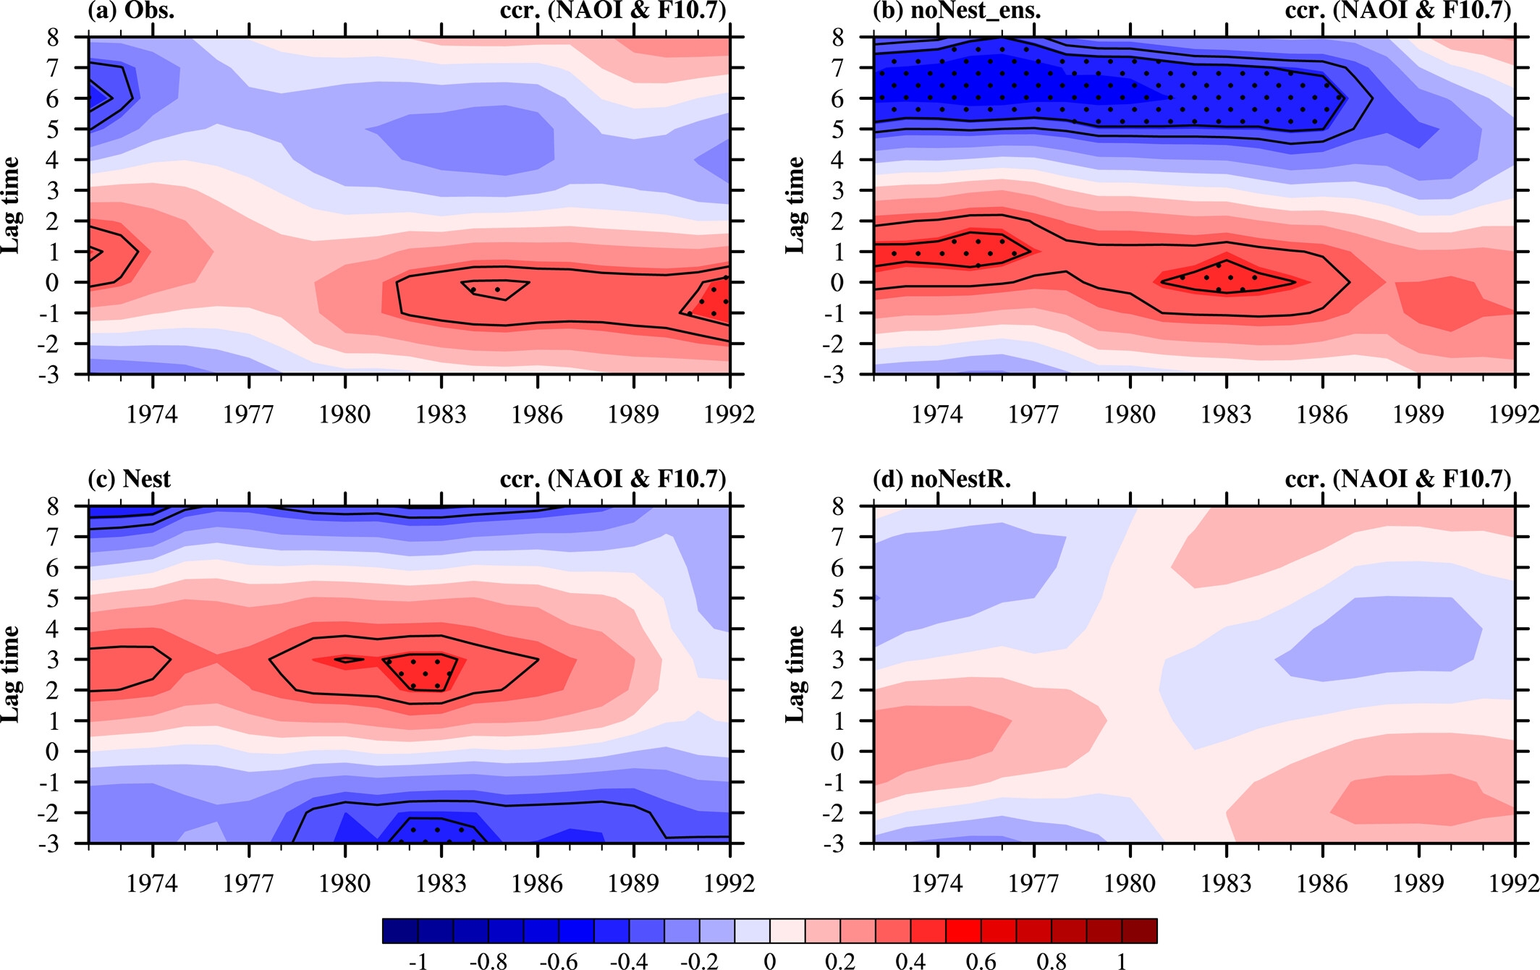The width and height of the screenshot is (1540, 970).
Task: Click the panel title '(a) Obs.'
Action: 130,11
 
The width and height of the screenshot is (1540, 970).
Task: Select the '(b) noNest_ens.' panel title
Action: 957,11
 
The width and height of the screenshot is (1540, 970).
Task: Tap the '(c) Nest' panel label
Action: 129,479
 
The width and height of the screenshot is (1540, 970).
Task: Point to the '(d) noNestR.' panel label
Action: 942,479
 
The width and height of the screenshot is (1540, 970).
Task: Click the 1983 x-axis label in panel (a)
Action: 441,414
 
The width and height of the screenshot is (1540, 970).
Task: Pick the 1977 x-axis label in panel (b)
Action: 1033,414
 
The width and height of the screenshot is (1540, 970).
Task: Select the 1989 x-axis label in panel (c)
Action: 633,883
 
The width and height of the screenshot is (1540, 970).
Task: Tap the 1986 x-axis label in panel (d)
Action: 1322,883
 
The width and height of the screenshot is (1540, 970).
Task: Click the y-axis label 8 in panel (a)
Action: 52,37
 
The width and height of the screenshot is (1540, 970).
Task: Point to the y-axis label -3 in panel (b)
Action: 832,375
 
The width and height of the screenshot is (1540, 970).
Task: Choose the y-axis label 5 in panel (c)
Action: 52,598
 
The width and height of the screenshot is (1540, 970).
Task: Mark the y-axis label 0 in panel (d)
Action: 837,752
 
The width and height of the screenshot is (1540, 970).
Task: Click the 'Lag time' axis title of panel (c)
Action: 10,674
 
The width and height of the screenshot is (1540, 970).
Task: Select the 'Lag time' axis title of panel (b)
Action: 795,205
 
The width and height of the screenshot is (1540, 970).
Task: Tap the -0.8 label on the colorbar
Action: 488,961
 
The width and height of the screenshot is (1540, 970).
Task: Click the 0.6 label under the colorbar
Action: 981,961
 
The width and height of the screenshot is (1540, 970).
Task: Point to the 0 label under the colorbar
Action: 770,961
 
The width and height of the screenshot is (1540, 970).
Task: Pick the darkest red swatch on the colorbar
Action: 1139,931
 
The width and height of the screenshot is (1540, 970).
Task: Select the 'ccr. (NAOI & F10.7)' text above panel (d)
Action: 1398,479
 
